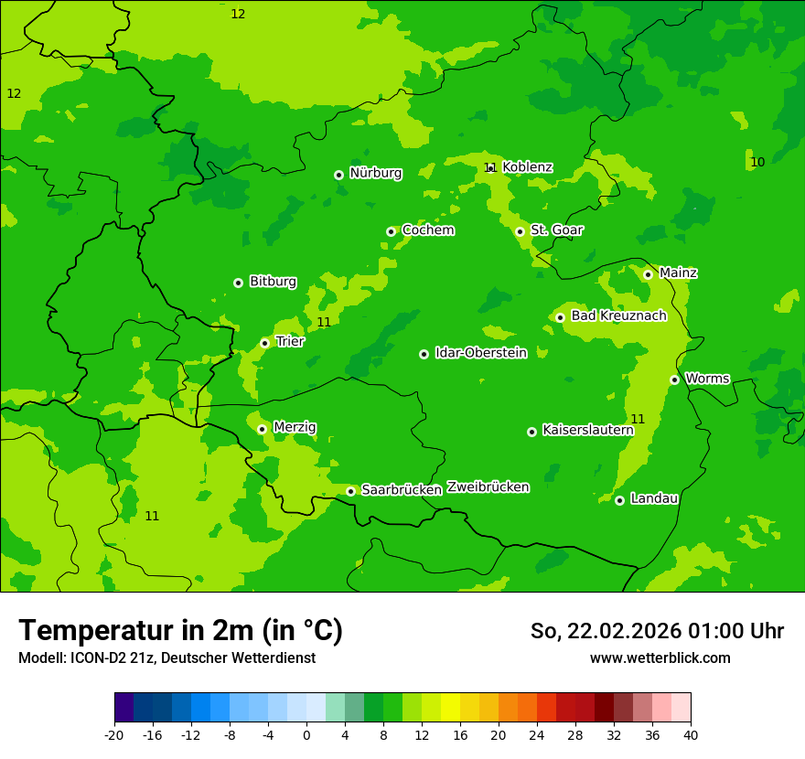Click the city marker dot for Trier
point(264,343)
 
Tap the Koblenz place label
point(527,167)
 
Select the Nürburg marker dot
point(338,175)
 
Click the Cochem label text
point(427,230)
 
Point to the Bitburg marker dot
point(238,283)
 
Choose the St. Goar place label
point(556,230)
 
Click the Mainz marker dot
point(648,274)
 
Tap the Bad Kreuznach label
point(618,315)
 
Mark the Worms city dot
point(674,379)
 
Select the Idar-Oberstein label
point(480,353)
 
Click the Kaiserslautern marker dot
point(531,432)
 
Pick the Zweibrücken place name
point(488,487)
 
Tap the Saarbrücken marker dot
point(350,491)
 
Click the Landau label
point(654,498)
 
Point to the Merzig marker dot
point(262,429)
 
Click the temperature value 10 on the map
point(757,162)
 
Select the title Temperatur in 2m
point(180,630)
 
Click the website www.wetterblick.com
point(660,658)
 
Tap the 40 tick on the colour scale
point(691,734)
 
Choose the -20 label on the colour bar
point(114,734)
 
